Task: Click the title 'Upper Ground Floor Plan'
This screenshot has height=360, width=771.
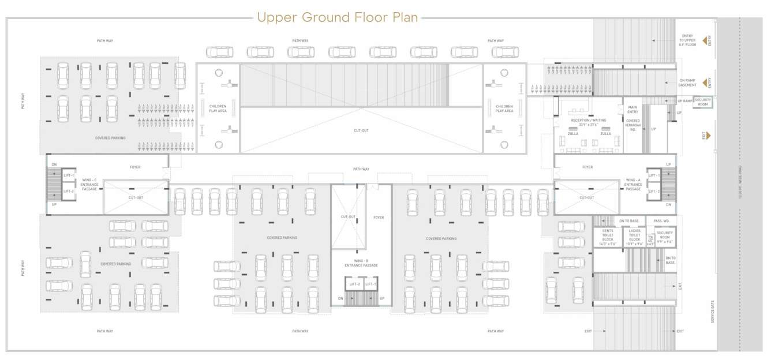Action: pos(338,18)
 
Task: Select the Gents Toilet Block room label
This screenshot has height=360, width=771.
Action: pos(607,237)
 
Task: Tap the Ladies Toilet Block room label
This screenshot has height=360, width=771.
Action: pos(634,237)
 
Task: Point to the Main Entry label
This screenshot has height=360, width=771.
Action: pos(632,108)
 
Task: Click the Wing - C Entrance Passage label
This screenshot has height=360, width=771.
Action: pos(89,184)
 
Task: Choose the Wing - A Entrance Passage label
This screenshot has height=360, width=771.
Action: pos(633,184)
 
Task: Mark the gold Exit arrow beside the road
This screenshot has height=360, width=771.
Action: pos(706,136)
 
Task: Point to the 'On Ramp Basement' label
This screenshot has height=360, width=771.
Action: pos(687,82)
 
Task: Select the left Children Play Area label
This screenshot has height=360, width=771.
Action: pos(218,108)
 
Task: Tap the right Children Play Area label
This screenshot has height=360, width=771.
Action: pos(504,108)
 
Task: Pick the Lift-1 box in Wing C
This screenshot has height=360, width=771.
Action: pos(69,175)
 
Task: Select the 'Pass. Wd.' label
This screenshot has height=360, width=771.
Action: pos(661,221)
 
